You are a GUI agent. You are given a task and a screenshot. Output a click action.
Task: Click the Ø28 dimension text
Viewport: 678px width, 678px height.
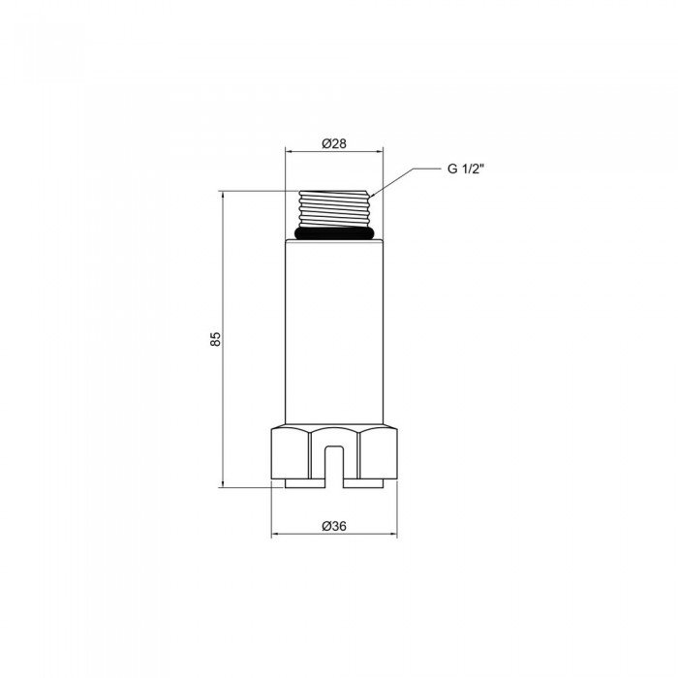[x=334, y=143]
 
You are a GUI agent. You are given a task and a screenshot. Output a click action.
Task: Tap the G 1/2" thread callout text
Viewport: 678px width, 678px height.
[x=466, y=169]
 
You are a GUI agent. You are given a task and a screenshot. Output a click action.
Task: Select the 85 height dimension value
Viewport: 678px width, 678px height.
[x=216, y=339]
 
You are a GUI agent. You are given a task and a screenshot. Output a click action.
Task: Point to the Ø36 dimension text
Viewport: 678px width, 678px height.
[x=334, y=526]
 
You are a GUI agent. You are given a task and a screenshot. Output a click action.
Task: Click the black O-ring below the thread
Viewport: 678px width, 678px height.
[x=334, y=233]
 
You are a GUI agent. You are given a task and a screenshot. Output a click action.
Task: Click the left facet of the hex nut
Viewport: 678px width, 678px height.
[x=289, y=454]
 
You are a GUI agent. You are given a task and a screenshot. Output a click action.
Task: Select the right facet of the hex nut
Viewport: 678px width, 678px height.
[x=380, y=454]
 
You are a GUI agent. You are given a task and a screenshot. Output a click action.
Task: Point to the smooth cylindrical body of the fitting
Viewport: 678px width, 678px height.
[x=334, y=329]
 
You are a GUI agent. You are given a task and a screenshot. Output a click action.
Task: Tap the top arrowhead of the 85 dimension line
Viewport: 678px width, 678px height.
[x=224, y=197]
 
